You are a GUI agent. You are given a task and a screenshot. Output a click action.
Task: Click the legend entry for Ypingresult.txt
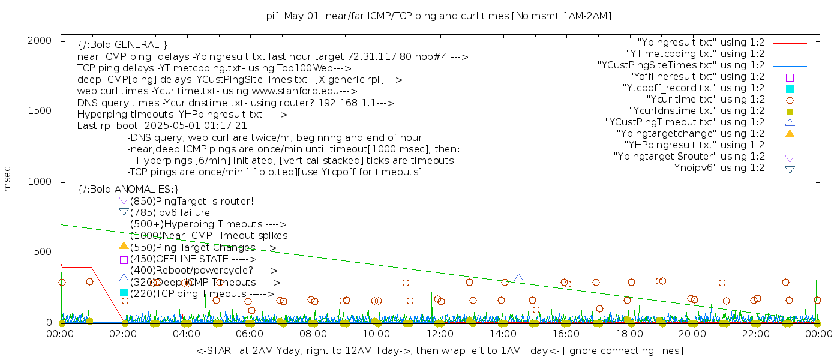[701, 43]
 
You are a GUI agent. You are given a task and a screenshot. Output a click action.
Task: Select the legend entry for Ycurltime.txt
[705, 100]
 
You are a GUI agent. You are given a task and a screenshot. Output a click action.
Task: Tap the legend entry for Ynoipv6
[717, 168]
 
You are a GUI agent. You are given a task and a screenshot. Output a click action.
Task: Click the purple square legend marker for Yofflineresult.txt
[790, 77]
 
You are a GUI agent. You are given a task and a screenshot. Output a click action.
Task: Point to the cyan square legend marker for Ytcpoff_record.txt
[790, 89]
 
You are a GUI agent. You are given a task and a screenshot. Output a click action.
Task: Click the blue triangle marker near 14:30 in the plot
[518, 278]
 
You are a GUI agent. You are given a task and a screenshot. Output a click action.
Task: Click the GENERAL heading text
[122, 45]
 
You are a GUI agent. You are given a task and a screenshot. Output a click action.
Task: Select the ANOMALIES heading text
[128, 190]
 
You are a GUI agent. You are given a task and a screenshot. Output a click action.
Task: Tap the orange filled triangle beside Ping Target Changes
[124, 245]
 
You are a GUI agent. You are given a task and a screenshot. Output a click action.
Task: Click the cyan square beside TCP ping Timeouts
[124, 293]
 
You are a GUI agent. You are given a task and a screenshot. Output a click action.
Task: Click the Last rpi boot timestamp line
[162, 126]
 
